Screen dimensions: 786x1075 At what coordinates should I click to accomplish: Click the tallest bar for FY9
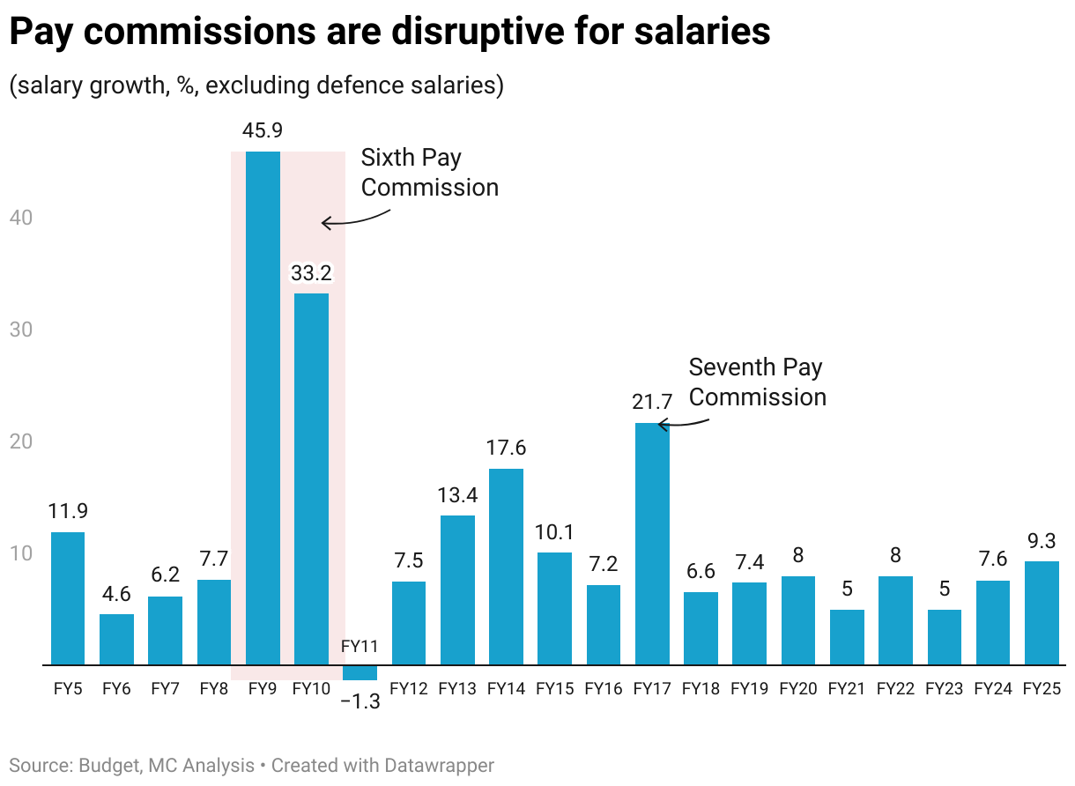(x=263, y=405)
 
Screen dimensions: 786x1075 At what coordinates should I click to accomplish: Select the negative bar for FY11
(x=360, y=672)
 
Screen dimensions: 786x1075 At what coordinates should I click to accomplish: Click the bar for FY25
(x=1042, y=612)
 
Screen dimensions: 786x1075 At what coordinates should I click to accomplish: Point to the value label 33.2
(x=311, y=273)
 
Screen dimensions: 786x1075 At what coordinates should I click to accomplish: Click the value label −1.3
(x=360, y=702)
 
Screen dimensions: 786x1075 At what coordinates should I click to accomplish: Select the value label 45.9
(x=263, y=131)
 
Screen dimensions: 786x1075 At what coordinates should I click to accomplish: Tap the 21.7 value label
(x=652, y=402)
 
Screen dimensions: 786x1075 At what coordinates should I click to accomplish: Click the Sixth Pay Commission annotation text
(x=429, y=173)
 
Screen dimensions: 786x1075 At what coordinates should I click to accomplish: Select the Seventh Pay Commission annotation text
(x=757, y=382)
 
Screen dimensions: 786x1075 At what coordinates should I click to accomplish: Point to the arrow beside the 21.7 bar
(x=683, y=423)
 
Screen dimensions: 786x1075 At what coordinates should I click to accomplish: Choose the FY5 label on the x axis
(x=68, y=688)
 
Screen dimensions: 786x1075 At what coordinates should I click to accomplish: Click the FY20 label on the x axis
(x=797, y=688)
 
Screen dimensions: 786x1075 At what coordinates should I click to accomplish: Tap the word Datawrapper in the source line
(x=439, y=765)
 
